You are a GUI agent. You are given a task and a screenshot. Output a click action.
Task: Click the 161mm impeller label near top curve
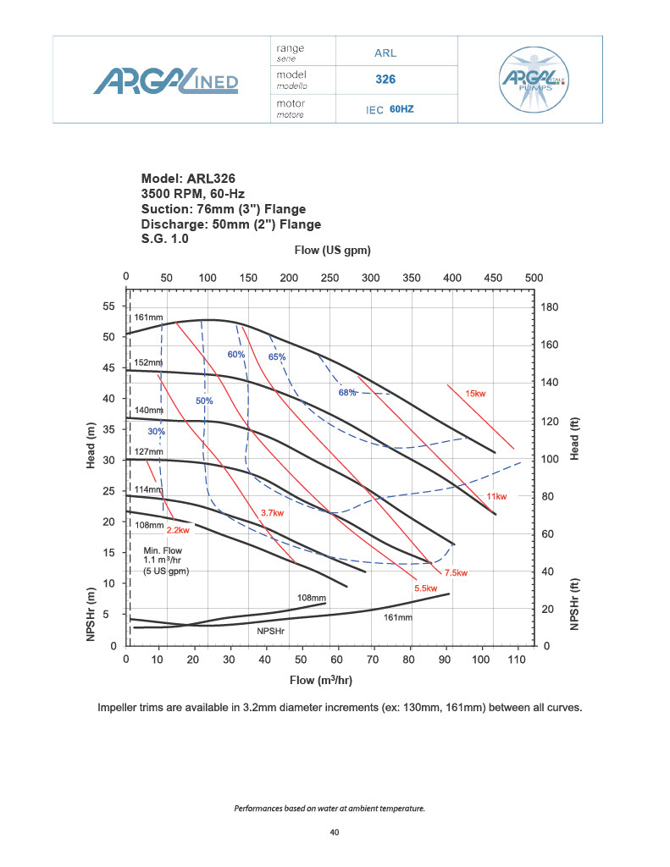[148, 317]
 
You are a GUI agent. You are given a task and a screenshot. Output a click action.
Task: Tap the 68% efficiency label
[347, 392]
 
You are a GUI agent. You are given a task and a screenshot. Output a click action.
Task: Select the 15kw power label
[476, 393]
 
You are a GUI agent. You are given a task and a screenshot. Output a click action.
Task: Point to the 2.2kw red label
[178, 530]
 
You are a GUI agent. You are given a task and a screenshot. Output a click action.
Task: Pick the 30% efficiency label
[156, 431]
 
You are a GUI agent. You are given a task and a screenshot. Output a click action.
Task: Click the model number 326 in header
[385, 80]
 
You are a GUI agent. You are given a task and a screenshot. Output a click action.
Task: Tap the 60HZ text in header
[401, 109]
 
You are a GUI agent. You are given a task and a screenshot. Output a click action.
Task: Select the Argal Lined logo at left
[165, 81]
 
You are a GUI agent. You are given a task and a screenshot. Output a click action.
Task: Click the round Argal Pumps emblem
[534, 80]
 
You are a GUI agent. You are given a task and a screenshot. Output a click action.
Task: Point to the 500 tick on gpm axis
[534, 278]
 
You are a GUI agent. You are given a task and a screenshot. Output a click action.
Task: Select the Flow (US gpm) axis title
[332, 251]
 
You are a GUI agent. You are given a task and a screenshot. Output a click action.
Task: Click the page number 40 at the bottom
[335, 832]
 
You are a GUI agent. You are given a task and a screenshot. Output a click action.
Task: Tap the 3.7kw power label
[273, 512]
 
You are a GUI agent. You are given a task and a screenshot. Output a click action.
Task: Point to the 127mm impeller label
[149, 452]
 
